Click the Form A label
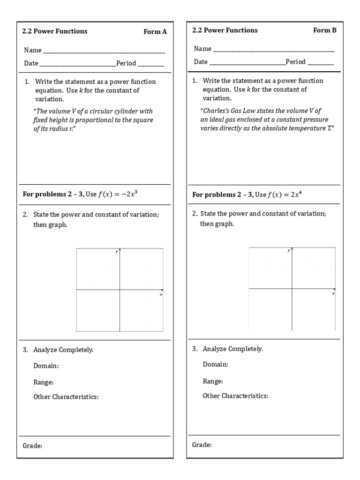[x=155, y=32]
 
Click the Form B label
[x=325, y=30]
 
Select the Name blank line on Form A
[x=104, y=51]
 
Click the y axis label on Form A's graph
[x=116, y=252]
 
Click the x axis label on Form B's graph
[x=333, y=293]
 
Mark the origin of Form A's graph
[x=120, y=290]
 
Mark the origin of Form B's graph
[x=292, y=289]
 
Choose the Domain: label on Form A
[x=46, y=366]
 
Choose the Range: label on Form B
[x=213, y=381]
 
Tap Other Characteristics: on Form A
[x=66, y=397]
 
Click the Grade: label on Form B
[x=202, y=444]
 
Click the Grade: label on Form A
[x=32, y=446]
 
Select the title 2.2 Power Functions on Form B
[x=225, y=30]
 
